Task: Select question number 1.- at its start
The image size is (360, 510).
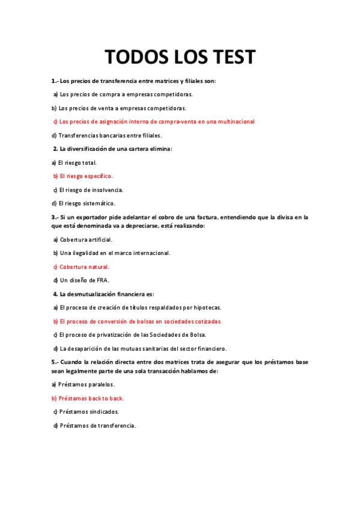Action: pos(55,81)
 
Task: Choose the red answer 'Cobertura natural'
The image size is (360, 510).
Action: pos(84,266)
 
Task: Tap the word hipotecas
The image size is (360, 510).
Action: pos(206,308)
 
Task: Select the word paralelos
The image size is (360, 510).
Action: pos(100,384)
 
